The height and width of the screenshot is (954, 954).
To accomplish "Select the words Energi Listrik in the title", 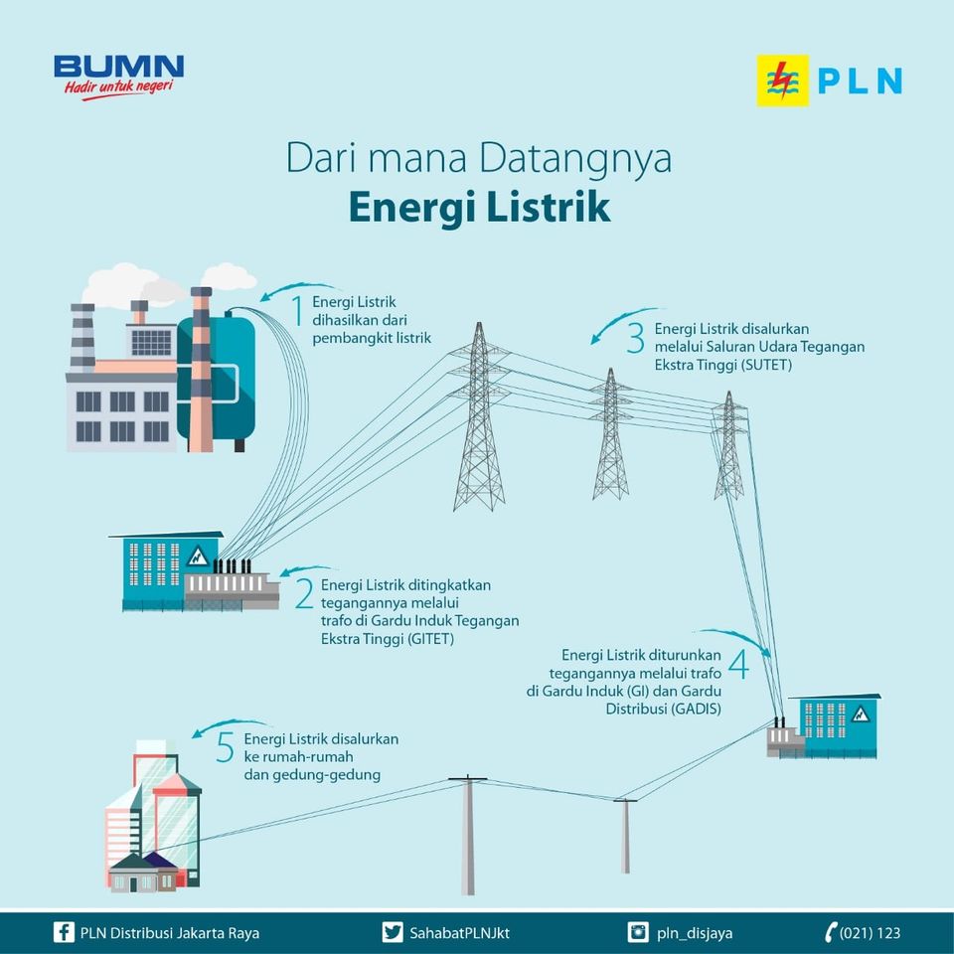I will pos(479,210).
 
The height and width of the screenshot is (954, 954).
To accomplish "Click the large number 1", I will pos(296,310).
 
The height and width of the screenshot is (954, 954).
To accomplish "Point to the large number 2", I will pos(304,593).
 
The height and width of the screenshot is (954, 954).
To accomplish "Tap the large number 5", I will pos(226,747).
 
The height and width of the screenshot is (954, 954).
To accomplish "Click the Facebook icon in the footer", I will pos(64,932).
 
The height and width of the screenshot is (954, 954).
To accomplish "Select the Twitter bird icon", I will pos(393,932).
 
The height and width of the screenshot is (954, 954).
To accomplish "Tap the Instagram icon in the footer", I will pos(638,932).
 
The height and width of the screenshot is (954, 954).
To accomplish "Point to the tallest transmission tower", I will pos(479,417).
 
